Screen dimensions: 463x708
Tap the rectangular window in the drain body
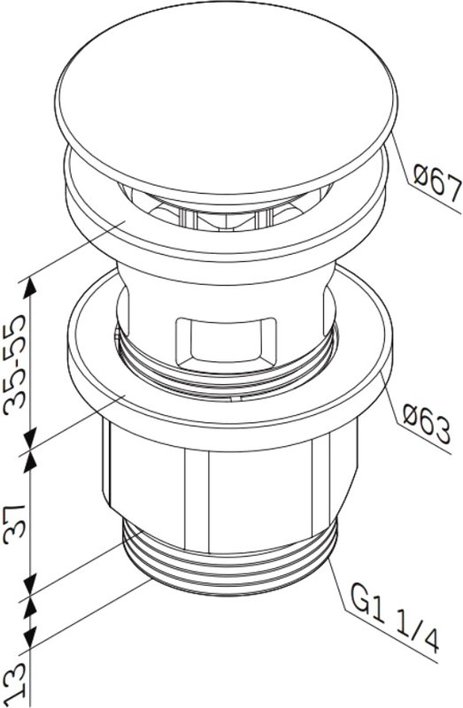[x=226, y=342]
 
